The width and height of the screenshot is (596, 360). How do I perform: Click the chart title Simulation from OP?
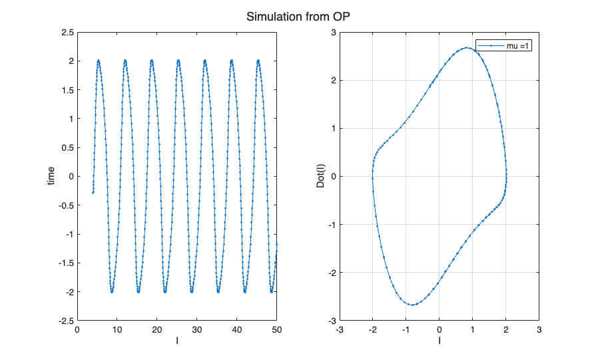pos(298,17)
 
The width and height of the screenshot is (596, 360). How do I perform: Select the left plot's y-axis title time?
pos(51,176)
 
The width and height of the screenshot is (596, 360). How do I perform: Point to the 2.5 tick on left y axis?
pos(67,32)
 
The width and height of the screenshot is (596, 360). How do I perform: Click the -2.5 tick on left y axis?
pos(65,321)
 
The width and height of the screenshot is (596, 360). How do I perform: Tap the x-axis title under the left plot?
pos(177,341)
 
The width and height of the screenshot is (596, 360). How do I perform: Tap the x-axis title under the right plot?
pos(440,341)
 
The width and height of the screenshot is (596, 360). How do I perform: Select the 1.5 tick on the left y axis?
pos(67,89)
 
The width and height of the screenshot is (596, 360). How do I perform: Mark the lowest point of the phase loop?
pos(413,305)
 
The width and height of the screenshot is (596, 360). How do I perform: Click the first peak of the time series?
pos(99,60)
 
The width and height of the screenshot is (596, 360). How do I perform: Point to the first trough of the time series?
pos(112,292)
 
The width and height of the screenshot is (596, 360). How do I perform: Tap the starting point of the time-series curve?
pos(93,193)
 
